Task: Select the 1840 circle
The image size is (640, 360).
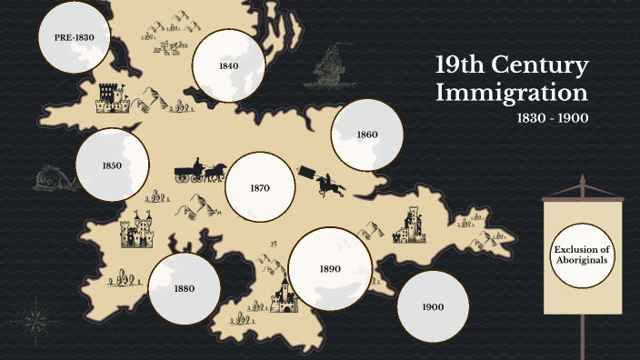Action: [x=228, y=66]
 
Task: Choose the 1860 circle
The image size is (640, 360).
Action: [x=366, y=135]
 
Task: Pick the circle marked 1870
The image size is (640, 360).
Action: [x=260, y=188]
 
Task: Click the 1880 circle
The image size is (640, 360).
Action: [x=185, y=289]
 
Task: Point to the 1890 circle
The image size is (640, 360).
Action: [x=328, y=269]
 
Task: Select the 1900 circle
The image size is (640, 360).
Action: [x=433, y=307]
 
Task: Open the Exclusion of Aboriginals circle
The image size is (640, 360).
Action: [x=582, y=255]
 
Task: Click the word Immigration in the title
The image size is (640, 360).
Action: [x=511, y=92]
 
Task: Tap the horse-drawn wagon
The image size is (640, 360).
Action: [x=200, y=172]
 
